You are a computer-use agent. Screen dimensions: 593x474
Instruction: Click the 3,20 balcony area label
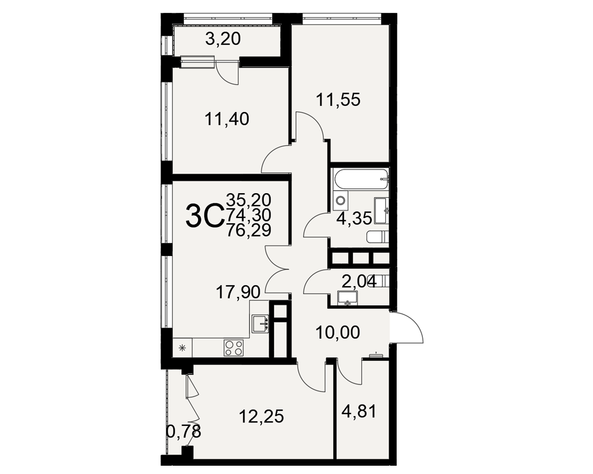pos(223,39)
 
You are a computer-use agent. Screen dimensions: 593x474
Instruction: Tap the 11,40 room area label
pos(227,119)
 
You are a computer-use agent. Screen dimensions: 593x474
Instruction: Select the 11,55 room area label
pos(338,100)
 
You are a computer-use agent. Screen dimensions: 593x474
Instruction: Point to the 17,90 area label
pos(238,292)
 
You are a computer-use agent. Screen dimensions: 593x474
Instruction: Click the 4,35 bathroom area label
pos(354,219)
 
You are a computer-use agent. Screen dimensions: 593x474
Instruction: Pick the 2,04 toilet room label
pos(359,281)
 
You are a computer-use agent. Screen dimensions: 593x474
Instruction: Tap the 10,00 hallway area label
pos(337,332)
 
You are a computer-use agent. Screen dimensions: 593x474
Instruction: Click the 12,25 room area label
pos(262,417)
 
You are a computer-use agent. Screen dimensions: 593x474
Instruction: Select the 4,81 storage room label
pos(359,412)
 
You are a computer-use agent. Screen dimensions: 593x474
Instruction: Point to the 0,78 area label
pos(184,431)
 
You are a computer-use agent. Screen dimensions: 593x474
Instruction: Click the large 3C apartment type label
pos(203,216)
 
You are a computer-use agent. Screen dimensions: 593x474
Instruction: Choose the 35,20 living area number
pos(248,199)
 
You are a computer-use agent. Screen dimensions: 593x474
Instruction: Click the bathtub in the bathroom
pos(361,179)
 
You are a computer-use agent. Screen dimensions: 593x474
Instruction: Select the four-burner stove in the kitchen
pos(234,347)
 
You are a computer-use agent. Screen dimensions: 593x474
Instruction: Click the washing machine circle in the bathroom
pos(341,200)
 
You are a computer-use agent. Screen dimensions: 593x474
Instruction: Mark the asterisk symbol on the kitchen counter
pos(182,348)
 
